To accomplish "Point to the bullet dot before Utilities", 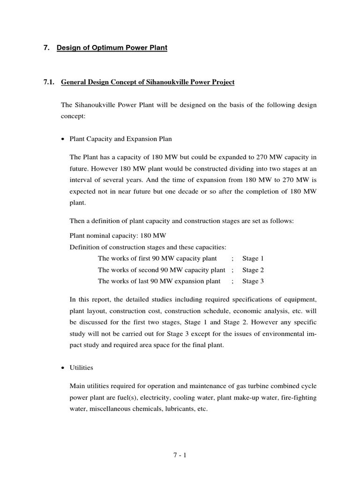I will pyautogui.click(x=63, y=368).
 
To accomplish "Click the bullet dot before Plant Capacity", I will pyautogui.click(x=63, y=139).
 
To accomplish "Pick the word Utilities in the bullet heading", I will pyautogui.click(x=81, y=368).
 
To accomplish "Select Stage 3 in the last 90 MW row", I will pyautogui.click(x=253, y=281).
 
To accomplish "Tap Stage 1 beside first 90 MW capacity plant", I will pyautogui.click(x=253, y=258).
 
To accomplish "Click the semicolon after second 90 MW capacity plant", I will pyautogui.click(x=232, y=270).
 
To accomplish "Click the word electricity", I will pyautogui.click(x=166, y=397).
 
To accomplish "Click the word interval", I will pyautogui.click(x=81, y=180).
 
